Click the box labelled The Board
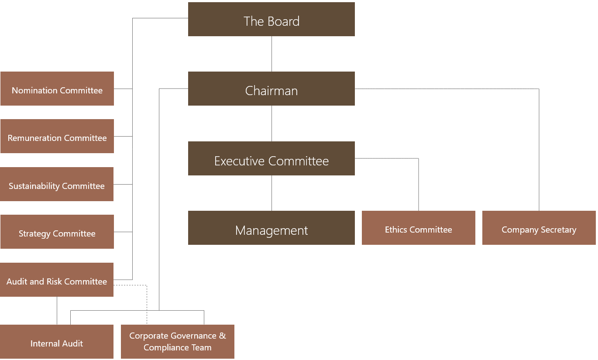pos(271,20)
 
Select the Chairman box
pos(271,89)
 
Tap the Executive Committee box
pos(271,159)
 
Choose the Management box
pos(271,228)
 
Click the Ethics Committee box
pos(418,228)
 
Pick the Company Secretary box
pos(539,228)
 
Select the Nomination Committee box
pos(57,89)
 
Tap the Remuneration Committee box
pos(57,137)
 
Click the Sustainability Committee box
pos(57,185)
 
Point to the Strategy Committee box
pos(57,232)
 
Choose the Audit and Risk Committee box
pos(57,280)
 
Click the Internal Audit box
pos(57,342)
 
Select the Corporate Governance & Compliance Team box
pos(178,342)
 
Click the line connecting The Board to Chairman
pos(272,54)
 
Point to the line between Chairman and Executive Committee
pos(272,123)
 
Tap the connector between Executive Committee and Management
pos(272,193)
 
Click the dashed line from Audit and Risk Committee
pos(147,305)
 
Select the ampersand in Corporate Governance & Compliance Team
pos(223,336)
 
